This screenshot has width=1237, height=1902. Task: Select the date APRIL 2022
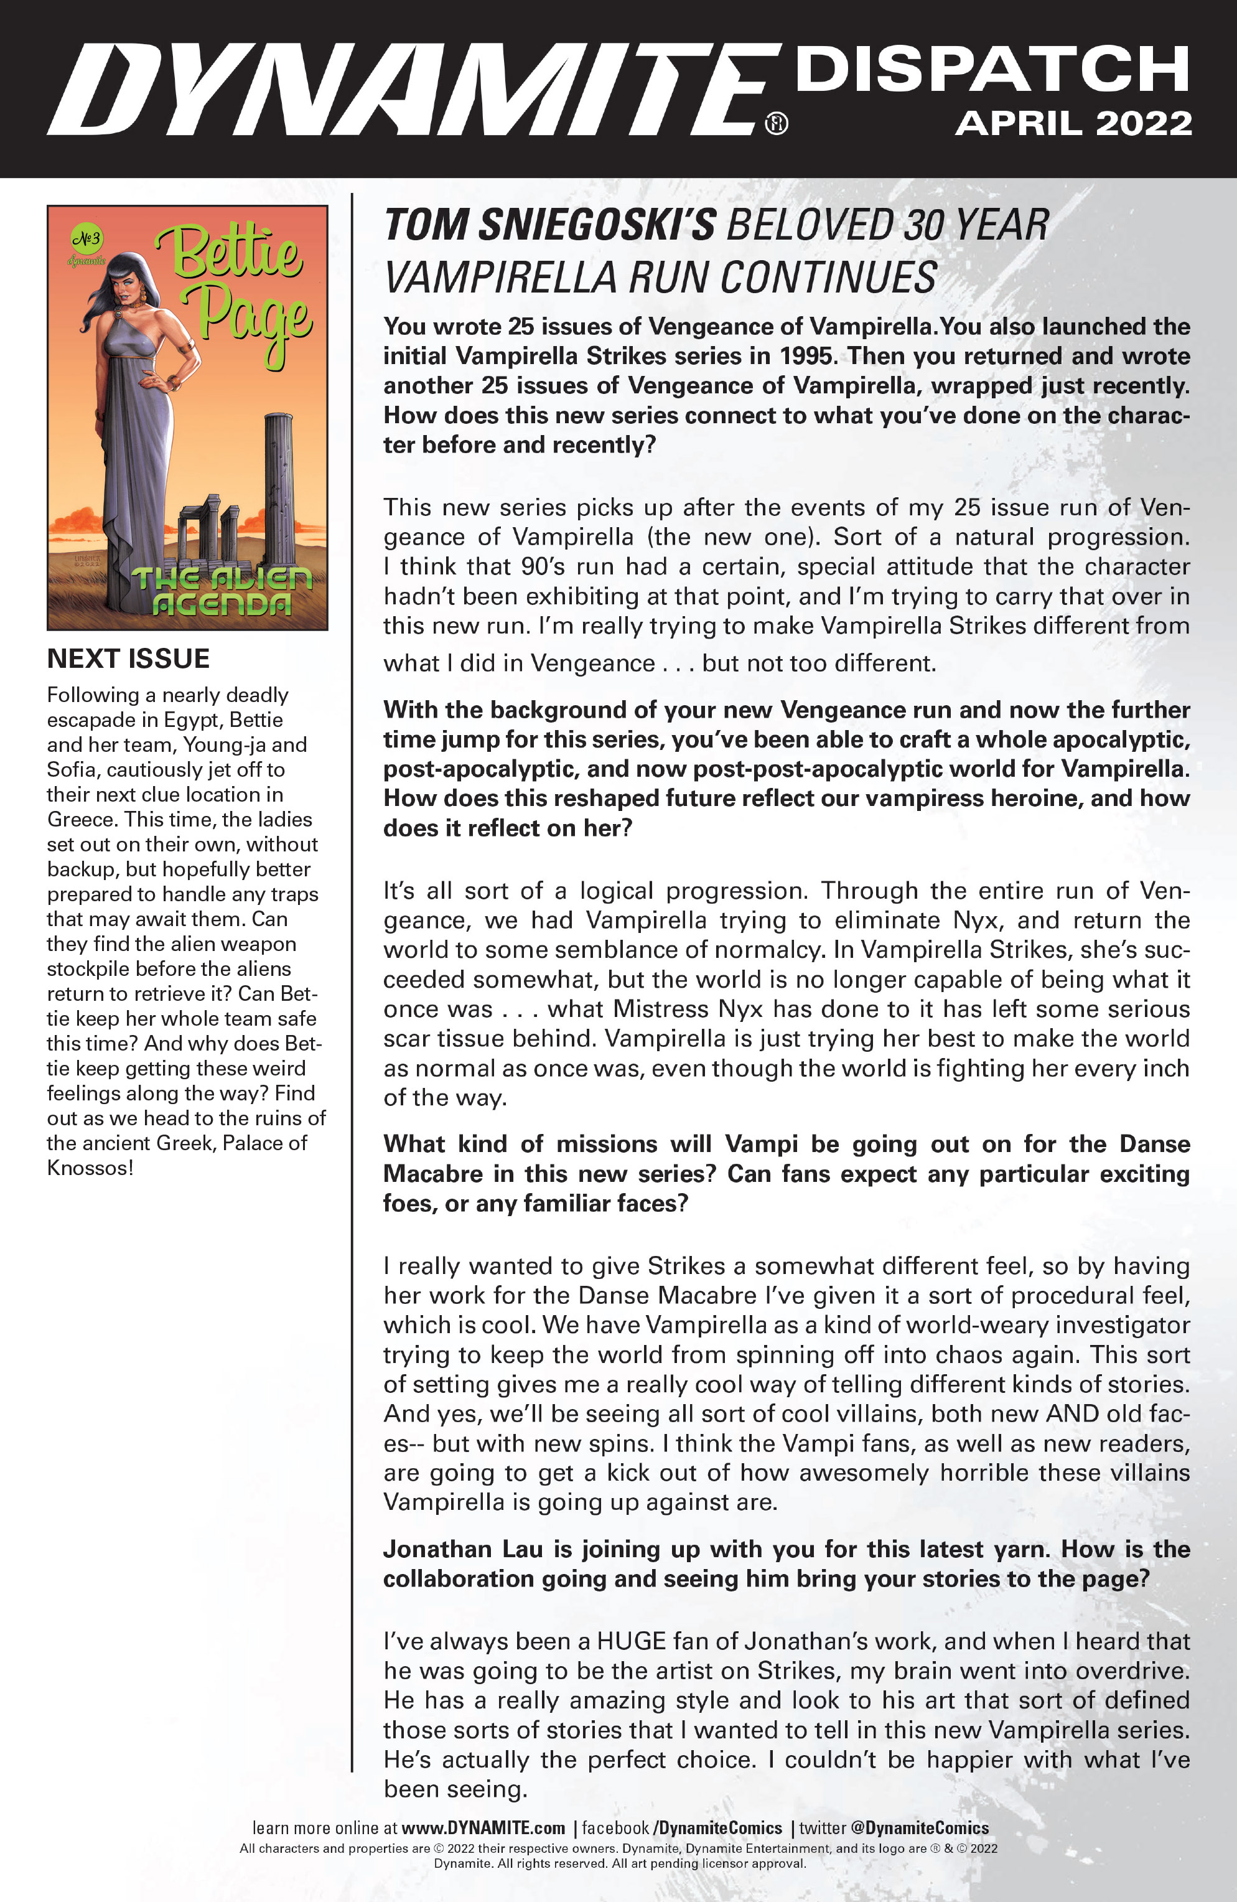point(1073,124)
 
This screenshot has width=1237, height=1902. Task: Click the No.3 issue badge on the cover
point(86,238)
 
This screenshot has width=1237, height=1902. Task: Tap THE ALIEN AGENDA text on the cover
point(222,591)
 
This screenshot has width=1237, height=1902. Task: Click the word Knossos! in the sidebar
point(90,1168)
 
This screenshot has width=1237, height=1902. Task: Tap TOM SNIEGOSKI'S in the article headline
point(550,225)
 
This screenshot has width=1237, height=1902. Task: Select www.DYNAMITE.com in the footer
point(483,1828)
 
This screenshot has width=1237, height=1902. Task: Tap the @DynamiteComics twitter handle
point(919,1828)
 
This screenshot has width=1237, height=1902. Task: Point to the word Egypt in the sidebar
point(188,720)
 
